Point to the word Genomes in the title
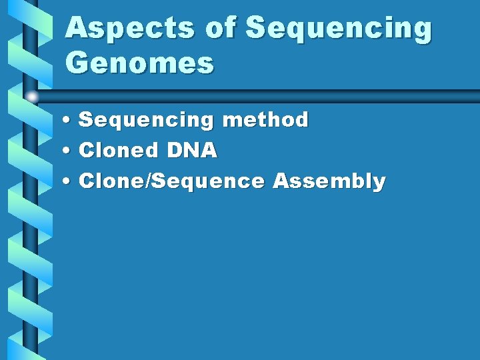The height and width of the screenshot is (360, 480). [x=140, y=64]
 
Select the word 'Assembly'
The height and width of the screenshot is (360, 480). [x=329, y=181]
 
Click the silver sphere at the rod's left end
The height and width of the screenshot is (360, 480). [x=31, y=97]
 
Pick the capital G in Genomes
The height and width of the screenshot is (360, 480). [x=77, y=64]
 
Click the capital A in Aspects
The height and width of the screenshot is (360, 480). [x=77, y=29]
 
